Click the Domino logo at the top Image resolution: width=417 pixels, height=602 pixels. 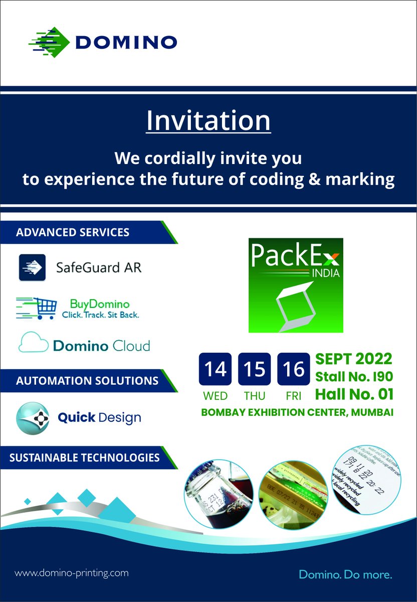click(x=103, y=41)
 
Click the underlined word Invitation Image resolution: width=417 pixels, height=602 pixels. click(x=208, y=121)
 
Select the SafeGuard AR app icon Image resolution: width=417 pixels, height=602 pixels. click(x=32, y=267)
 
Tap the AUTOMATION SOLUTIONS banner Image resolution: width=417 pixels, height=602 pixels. click(x=85, y=381)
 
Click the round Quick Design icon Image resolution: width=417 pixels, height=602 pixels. click(x=33, y=417)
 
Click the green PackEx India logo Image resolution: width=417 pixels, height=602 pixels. click(x=296, y=285)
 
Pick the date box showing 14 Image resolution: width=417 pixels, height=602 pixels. click(x=215, y=369)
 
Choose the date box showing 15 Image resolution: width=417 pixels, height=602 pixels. click(x=254, y=369)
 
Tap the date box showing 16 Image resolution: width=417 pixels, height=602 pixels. click(x=293, y=369)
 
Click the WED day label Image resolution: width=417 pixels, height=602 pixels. click(x=215, y=396)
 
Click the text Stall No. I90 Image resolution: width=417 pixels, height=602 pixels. click(x=353, y=376)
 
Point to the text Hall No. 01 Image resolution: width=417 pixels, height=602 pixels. click(x=354, y=394)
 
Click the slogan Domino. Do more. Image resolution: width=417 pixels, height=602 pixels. click(x=345, y=574)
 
